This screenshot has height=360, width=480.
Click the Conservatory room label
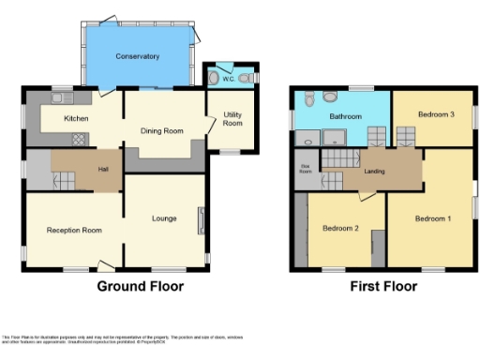[x=138, y=57]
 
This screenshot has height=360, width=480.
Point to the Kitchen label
[x=76, y=119]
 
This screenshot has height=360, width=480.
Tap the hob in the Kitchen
[x=79, y=138]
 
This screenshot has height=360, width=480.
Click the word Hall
[x=103, y=170]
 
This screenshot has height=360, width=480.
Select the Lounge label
[x=165, y=218]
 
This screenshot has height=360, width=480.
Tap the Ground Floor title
[x=141, y=286]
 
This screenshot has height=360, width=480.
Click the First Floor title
[x=382, y=286]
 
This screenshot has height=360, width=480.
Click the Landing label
[x=374, y=170]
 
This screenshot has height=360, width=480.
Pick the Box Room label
[x=305, y=170]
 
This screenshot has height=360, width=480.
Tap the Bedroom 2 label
[x=340, y=228]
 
